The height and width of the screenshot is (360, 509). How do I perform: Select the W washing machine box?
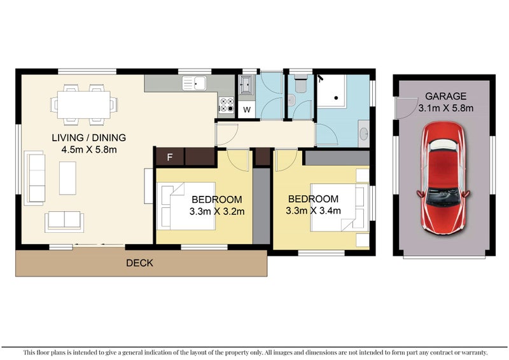pyautogui.click(x=247, y=109)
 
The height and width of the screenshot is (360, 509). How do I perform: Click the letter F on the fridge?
pyautogui.click(x=169, y=156)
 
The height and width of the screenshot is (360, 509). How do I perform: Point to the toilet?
pyautogui.click(x=299, y=83)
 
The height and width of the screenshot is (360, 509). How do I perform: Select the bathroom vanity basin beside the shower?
pyautogui.click(x=364, y=134)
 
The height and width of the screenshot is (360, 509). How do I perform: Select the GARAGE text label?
pyautogui.click(x=445, y=97)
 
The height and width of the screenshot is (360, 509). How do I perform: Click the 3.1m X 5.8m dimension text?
pyautogui.click(x=445, y=108)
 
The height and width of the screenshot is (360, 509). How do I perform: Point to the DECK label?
pyautogui.click(x=139, y=263)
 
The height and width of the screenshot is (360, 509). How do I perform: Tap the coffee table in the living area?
pyautogui.click(x=67, y=178)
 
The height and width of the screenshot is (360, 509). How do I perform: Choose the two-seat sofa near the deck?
pyautogui.click(x=64, y=221)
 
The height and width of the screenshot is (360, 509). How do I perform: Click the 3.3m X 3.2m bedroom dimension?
pyautogui.click(x=217, y=211)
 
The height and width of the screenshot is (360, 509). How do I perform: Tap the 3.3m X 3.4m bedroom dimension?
pyautogui.click(x=312, y=211)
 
